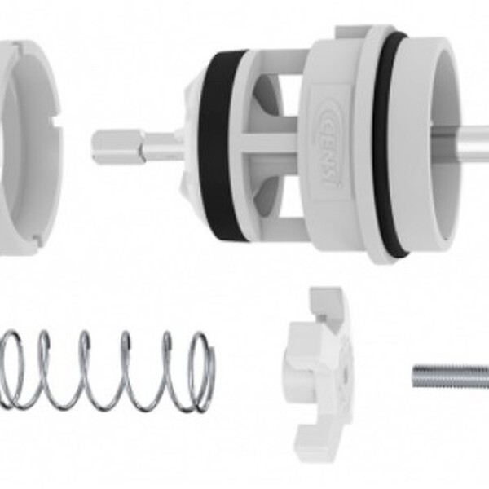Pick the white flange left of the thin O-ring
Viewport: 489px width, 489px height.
[x=371, y=147]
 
